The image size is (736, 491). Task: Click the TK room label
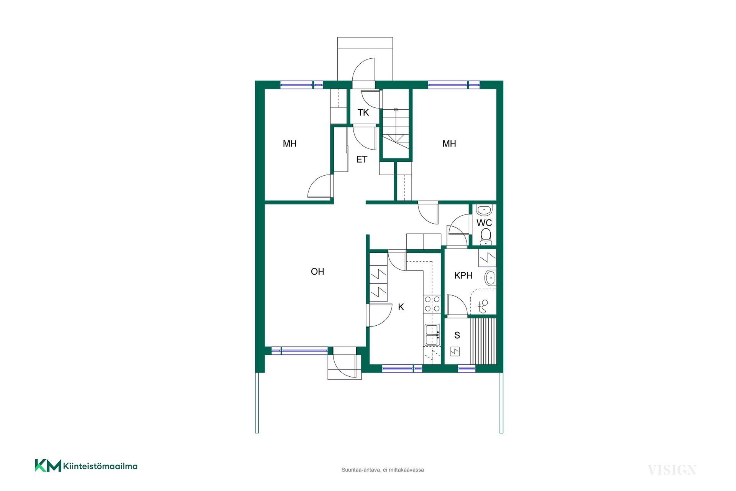363,112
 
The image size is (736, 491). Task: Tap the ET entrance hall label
362,159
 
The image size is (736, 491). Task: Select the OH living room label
317,272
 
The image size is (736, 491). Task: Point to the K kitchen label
401,307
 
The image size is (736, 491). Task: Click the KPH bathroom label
463,275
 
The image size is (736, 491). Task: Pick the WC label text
484,222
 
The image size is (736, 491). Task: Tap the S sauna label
457,335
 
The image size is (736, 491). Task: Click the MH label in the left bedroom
289,143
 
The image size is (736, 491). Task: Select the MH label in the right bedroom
449,143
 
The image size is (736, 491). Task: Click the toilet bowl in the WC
486,236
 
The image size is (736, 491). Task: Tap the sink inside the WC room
484,210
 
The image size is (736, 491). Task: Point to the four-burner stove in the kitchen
432,303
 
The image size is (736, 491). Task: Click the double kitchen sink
432,335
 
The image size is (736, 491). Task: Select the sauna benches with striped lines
483,341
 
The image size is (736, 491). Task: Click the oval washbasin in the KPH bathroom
490,278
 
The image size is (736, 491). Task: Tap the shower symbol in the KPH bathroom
483,306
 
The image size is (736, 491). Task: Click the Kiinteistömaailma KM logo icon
48,465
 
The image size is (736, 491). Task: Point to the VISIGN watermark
672,470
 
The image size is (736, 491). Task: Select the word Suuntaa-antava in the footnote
361,470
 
